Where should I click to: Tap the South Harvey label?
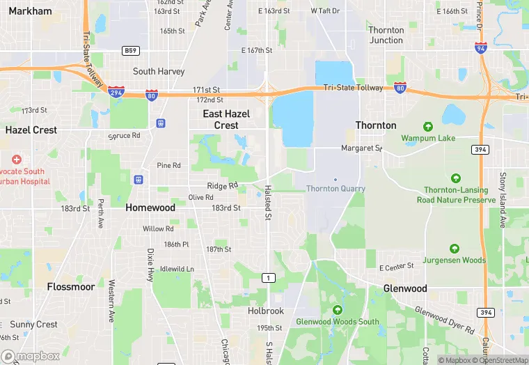pyautogui.click(x=159, y=71)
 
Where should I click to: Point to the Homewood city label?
pyautogui.click(x=150, y=208)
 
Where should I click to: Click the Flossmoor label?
pyautogui.click(x=70, y=286)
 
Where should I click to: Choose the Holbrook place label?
pyautogui.click(x=266, y=311)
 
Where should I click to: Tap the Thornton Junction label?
pyautogui.click(x=386, y=35)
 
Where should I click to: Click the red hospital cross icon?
pyautogui.click(x=16, y=160)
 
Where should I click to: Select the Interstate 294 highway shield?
pyautogui.click(x=116, y=91)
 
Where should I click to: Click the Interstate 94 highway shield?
pyautogui.click(x=480, y=48)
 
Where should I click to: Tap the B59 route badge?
pyautogui.click(x=129, y=51)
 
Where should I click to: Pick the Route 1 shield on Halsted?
pyautogui.click(x=266, y=278)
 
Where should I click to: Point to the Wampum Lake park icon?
pyautogui.click(x=427, y=127)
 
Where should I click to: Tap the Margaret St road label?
pyautogui.click(x=361, y=148)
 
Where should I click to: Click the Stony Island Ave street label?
pyautogui.click(x=503, y=199)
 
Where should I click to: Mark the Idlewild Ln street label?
pyautogui.click(x=177, y=269)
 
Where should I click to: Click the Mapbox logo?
pyautogui.click(x=31, y=356)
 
